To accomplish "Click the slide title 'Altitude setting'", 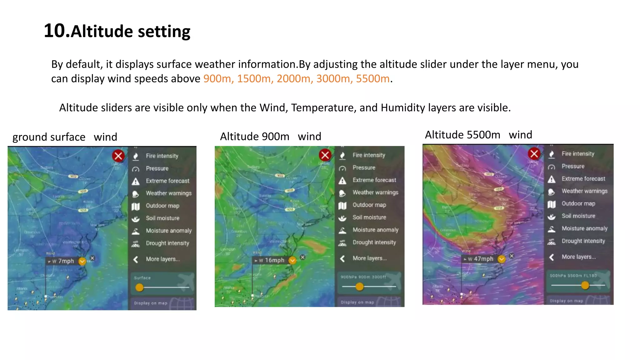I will click(x=117, y=31).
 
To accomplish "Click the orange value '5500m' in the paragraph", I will click(x=372, y=78).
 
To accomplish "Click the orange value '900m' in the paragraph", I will click(x=217, y=78).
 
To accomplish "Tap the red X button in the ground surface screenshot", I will click(x=118, y=156).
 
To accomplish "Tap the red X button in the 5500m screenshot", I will click(x=534, y=153).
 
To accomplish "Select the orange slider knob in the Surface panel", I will click(x=139, y=287).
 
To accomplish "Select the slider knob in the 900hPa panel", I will click(x=359, y=286).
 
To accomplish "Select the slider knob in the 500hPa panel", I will click(x=585, y=285).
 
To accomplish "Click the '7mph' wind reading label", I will click(x=66, y=261).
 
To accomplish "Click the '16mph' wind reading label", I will click(x=274, y=260).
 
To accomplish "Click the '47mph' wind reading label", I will click(x=483, y=259).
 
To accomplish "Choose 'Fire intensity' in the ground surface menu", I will click(x=162, y=156).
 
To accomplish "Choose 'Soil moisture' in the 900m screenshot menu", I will click(x=369, y=217).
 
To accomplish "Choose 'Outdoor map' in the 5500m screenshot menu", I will click(x=578, y=203).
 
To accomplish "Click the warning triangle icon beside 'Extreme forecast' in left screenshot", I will click(x=136, y=181).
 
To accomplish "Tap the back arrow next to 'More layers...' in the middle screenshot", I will click(x=342, y=258).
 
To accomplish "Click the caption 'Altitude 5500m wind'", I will click(x=478, y=135).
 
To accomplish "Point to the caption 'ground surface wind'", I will click(x=65, y=137).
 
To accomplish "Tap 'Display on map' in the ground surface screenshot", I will click(x=151, y=303).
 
